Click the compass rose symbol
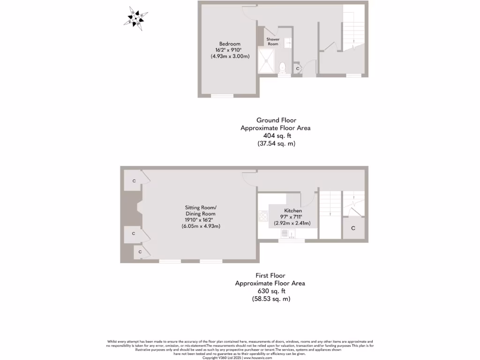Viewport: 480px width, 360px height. coord(137,18)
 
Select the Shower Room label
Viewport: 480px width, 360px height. coord(273,42)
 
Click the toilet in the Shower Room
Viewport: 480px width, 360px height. coord(282,68)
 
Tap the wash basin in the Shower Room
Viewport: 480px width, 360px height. coord(288,43)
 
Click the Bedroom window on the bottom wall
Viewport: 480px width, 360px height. coord(222,96)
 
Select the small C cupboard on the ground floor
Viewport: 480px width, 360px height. coord(298,68)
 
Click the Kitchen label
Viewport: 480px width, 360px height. coord(293,211)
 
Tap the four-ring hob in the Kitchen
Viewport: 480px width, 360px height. coord(262,216)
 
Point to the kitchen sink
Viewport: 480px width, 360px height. coord(291,234)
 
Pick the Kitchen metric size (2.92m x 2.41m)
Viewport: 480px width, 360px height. coord(292,223)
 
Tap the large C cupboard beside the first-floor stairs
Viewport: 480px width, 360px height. coord(353,228)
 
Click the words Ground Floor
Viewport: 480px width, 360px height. coord(276,120)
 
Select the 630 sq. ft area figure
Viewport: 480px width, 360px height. coord(270,291)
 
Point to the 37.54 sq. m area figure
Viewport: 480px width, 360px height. coord(276,143)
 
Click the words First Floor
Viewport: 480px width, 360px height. coord(270,276)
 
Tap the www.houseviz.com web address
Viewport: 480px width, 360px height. coord(258,358)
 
